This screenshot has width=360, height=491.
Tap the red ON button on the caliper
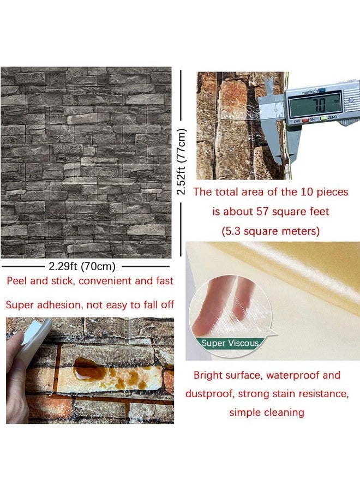[312, 119]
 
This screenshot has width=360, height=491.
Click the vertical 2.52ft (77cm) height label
[182, 162]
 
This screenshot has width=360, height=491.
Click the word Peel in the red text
[17, 282]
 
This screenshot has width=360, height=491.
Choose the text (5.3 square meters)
[271, 231]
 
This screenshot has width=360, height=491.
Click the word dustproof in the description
[208, 393]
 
